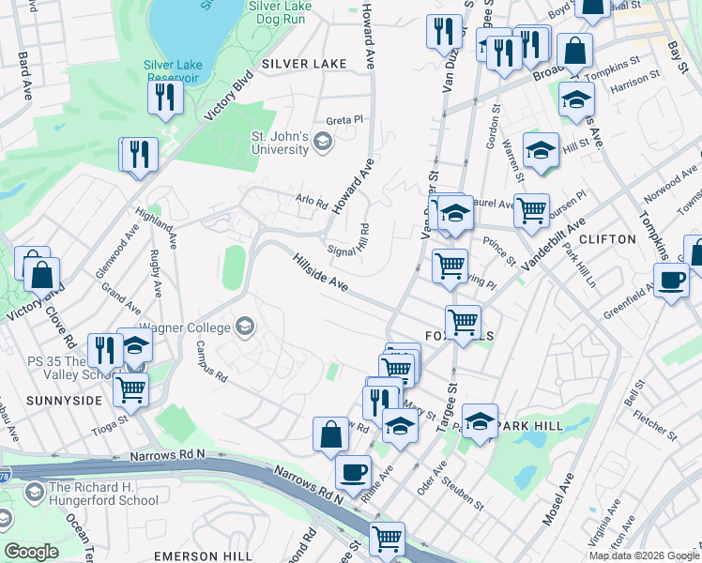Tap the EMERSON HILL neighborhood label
pos(205,555)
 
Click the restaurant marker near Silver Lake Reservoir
pos(165,98)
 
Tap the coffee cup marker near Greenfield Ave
pos(671,281)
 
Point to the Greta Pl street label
pos(343,120)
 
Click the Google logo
pos(31,552)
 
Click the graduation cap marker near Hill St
pos(541,151)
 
